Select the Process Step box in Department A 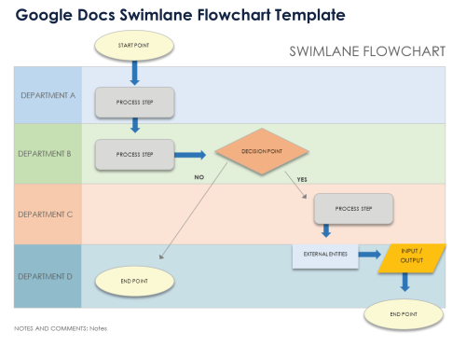point(135,102)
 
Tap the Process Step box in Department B point(135,155)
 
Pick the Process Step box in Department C point(353,208)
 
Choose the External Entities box point(325,255)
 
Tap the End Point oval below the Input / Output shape point(404,314)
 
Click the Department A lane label point(48,95)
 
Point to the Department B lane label point(48,154)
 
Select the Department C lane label point(48,214)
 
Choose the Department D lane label point(48,276)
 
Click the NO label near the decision point(199,176)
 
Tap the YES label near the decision point(301,178)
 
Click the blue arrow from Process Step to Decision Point point(192,155)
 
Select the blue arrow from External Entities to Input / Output point(370,254)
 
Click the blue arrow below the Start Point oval point(134,72)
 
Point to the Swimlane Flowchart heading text point(375,52)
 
